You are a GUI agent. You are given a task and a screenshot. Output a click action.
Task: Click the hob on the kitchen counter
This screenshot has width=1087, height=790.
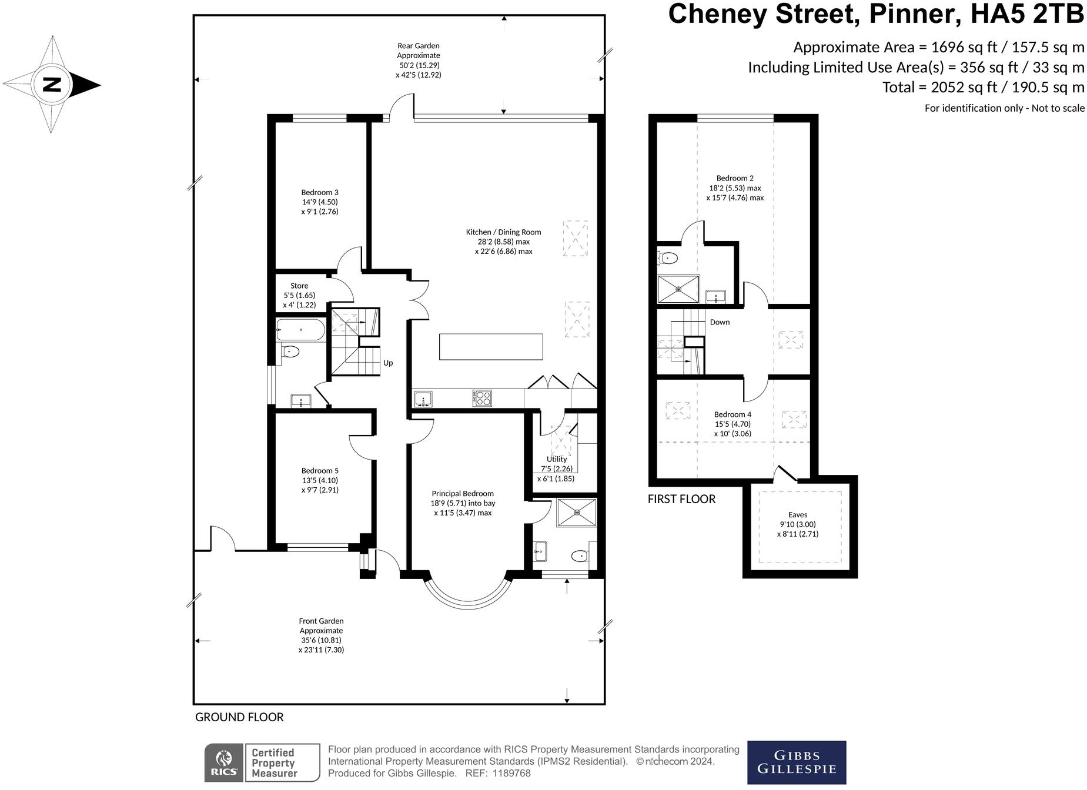pyautogui.click(x=482, y=399)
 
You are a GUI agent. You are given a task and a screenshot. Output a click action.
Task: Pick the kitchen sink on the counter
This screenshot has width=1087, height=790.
pyautogui.click(x=423, y=399)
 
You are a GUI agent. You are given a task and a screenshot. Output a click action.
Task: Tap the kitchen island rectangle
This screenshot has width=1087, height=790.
pyautogui.click(x=491, y=347)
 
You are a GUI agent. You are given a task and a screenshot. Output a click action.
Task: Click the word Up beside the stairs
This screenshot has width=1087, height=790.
pyautogui.click(x=388, y=363)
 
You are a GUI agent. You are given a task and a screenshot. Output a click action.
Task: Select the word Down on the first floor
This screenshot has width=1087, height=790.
pyautogui.click(x=720, y=322)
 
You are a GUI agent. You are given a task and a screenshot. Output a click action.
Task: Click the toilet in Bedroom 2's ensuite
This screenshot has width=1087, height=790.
pyautogui.click(x=668, y=258)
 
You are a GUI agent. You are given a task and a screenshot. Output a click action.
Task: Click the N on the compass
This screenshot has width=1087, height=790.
pyautogui.click(x=52, y=85)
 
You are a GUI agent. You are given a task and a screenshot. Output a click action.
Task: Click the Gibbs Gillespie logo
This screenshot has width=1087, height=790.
pyautogui.click(x=796, y=762)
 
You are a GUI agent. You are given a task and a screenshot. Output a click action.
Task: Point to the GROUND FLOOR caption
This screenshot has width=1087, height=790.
pyautogui.click(x=239, y=718)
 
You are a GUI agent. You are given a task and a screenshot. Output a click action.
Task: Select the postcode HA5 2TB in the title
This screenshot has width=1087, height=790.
pyautogui.click(x=1026, y=15)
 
